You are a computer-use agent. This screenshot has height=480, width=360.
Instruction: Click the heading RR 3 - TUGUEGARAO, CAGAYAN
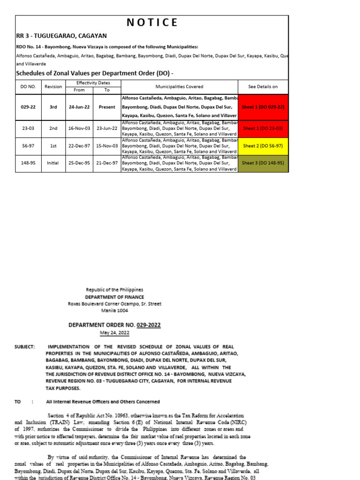tap(61, 36)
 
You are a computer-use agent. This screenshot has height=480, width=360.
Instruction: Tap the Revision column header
tap(53, 87)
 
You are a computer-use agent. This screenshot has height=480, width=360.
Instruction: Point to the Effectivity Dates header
tap(93, 82)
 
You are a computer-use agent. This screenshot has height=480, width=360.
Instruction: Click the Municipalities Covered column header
tap(180, 87)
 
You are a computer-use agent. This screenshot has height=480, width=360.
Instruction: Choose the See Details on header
tap(263, 87)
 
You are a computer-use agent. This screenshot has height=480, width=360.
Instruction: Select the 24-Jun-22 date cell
tap(79, 107)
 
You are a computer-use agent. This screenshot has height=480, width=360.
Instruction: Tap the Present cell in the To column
tap(107, 107)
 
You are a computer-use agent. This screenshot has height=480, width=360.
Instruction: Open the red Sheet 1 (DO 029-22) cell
tap(263, 107)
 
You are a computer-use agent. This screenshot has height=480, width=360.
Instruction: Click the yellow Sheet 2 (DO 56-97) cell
tap(263, 146)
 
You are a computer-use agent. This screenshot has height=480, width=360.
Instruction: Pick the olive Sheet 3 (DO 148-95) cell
tap(263, 163)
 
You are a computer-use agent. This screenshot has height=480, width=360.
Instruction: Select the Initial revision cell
tap(53, 163)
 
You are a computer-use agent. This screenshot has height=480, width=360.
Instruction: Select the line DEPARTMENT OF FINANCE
tap(115, 297)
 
